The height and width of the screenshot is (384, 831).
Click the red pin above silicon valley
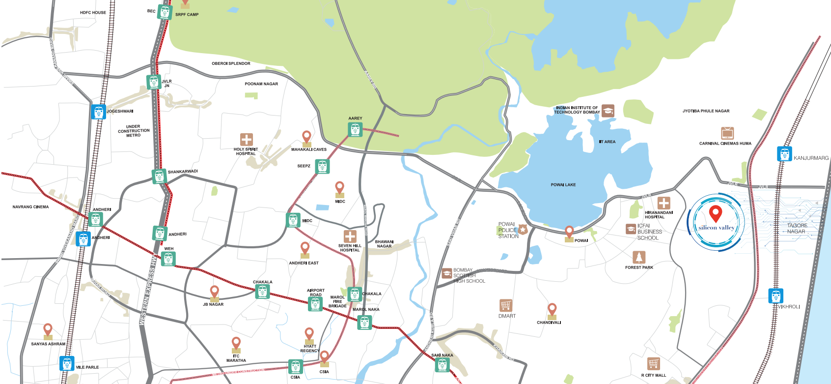[716, 214]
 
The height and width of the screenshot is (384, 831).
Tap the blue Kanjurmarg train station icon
[784, 153]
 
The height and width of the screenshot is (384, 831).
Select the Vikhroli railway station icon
[776, 296]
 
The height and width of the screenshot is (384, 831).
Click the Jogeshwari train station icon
[98, 112]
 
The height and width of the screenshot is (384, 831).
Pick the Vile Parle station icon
[67, 363]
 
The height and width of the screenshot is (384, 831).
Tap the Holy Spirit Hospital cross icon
[246, 140]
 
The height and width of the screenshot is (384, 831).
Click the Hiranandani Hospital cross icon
[664, 203]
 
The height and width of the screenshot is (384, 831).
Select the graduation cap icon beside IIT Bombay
[608, 111]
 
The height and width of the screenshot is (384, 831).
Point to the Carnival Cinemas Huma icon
[727, 133]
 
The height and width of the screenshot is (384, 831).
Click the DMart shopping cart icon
[505, 305]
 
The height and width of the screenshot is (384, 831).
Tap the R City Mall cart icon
[653, 364]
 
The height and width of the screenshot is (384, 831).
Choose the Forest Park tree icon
[638, 257]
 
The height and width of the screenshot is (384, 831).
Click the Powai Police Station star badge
[523, 229]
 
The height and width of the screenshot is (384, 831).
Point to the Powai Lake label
[563, 185]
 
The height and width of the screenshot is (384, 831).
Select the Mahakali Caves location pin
[306, 138]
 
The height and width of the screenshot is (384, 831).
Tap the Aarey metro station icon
[355, 130]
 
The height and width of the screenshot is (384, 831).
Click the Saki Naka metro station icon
[442, 365]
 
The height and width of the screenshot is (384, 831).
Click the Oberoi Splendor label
[231, 63]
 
